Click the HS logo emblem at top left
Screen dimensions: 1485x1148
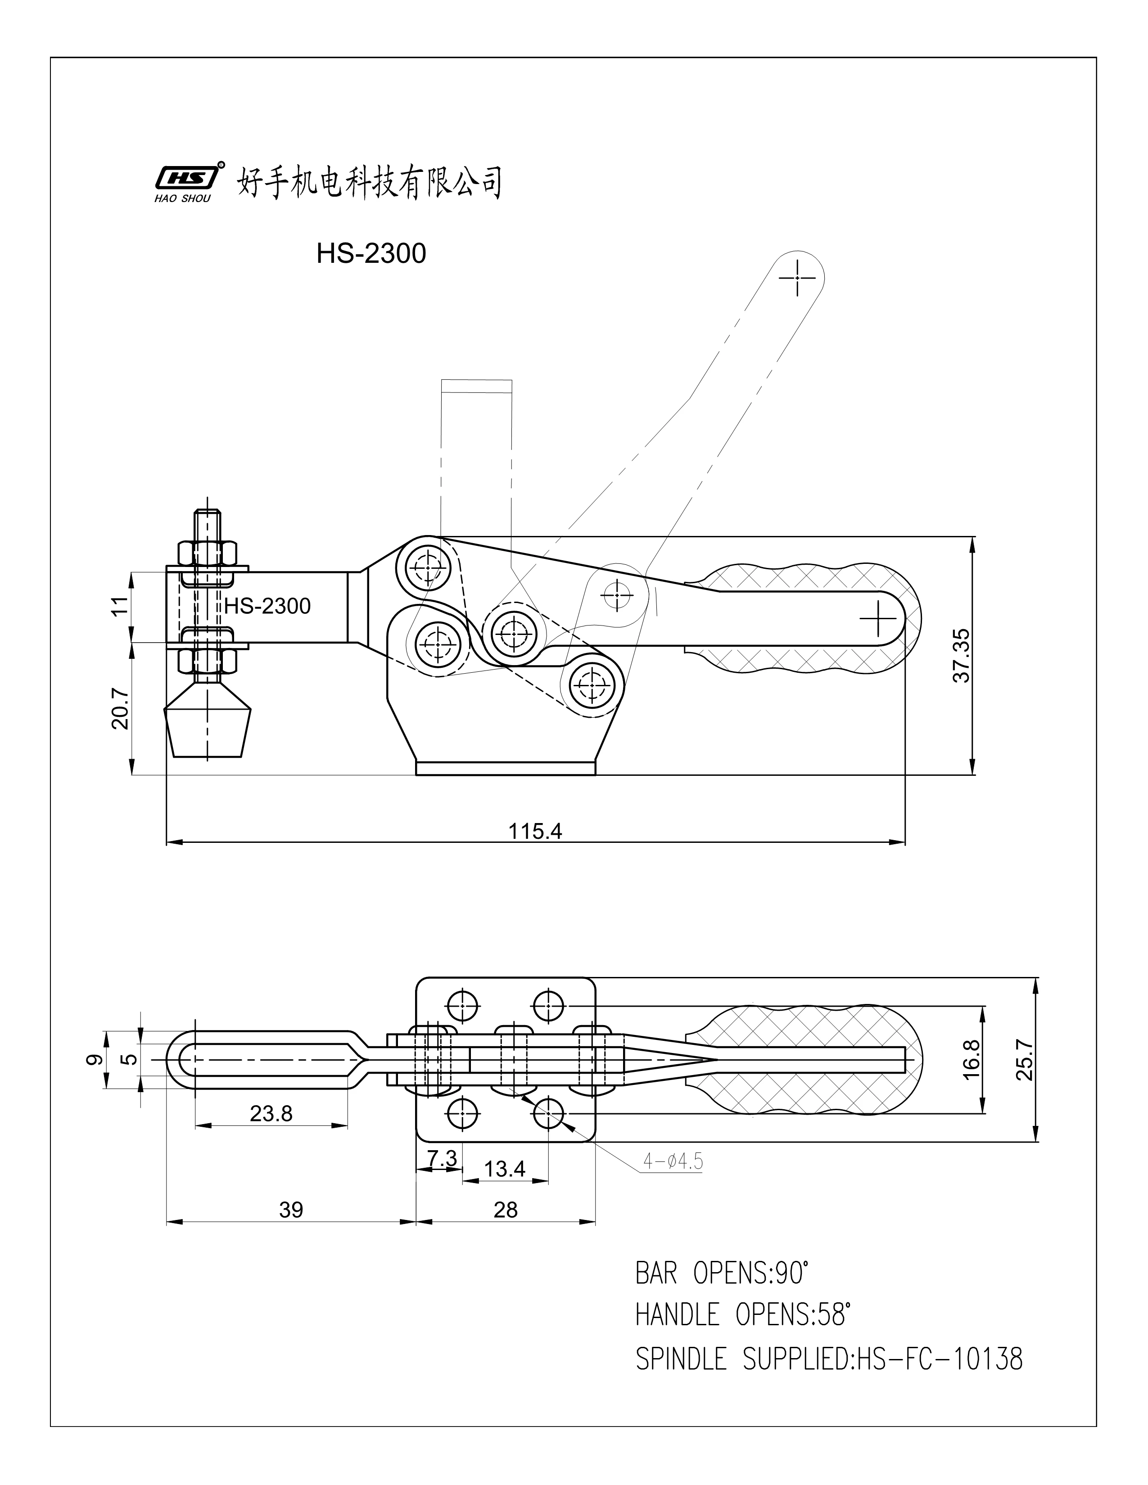coord(185,178)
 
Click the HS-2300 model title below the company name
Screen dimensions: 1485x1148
coord(371,254)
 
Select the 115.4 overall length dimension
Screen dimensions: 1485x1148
coord(535,832)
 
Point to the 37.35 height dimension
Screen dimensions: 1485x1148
coord(961,656)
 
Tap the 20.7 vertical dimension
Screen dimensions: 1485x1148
coord(120,708)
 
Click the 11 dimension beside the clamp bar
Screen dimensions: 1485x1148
coord(120,606)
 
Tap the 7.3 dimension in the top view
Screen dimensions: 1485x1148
coord(442,1157)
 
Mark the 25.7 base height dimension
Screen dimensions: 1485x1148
coord(1025,1060)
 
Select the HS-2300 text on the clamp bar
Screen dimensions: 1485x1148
coord(267,606)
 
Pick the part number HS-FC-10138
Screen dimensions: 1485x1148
coord(939,1359)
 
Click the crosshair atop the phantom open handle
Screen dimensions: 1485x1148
coord(797,277)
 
